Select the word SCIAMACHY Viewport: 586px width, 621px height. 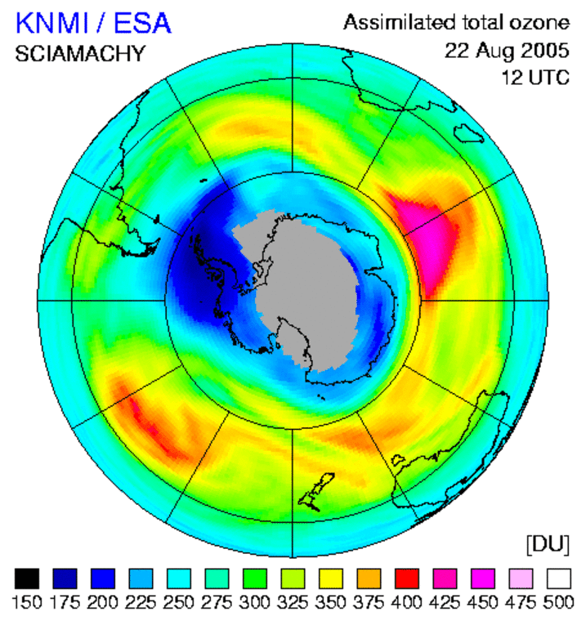[80, 55]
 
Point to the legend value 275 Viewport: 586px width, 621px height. [217, 602]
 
